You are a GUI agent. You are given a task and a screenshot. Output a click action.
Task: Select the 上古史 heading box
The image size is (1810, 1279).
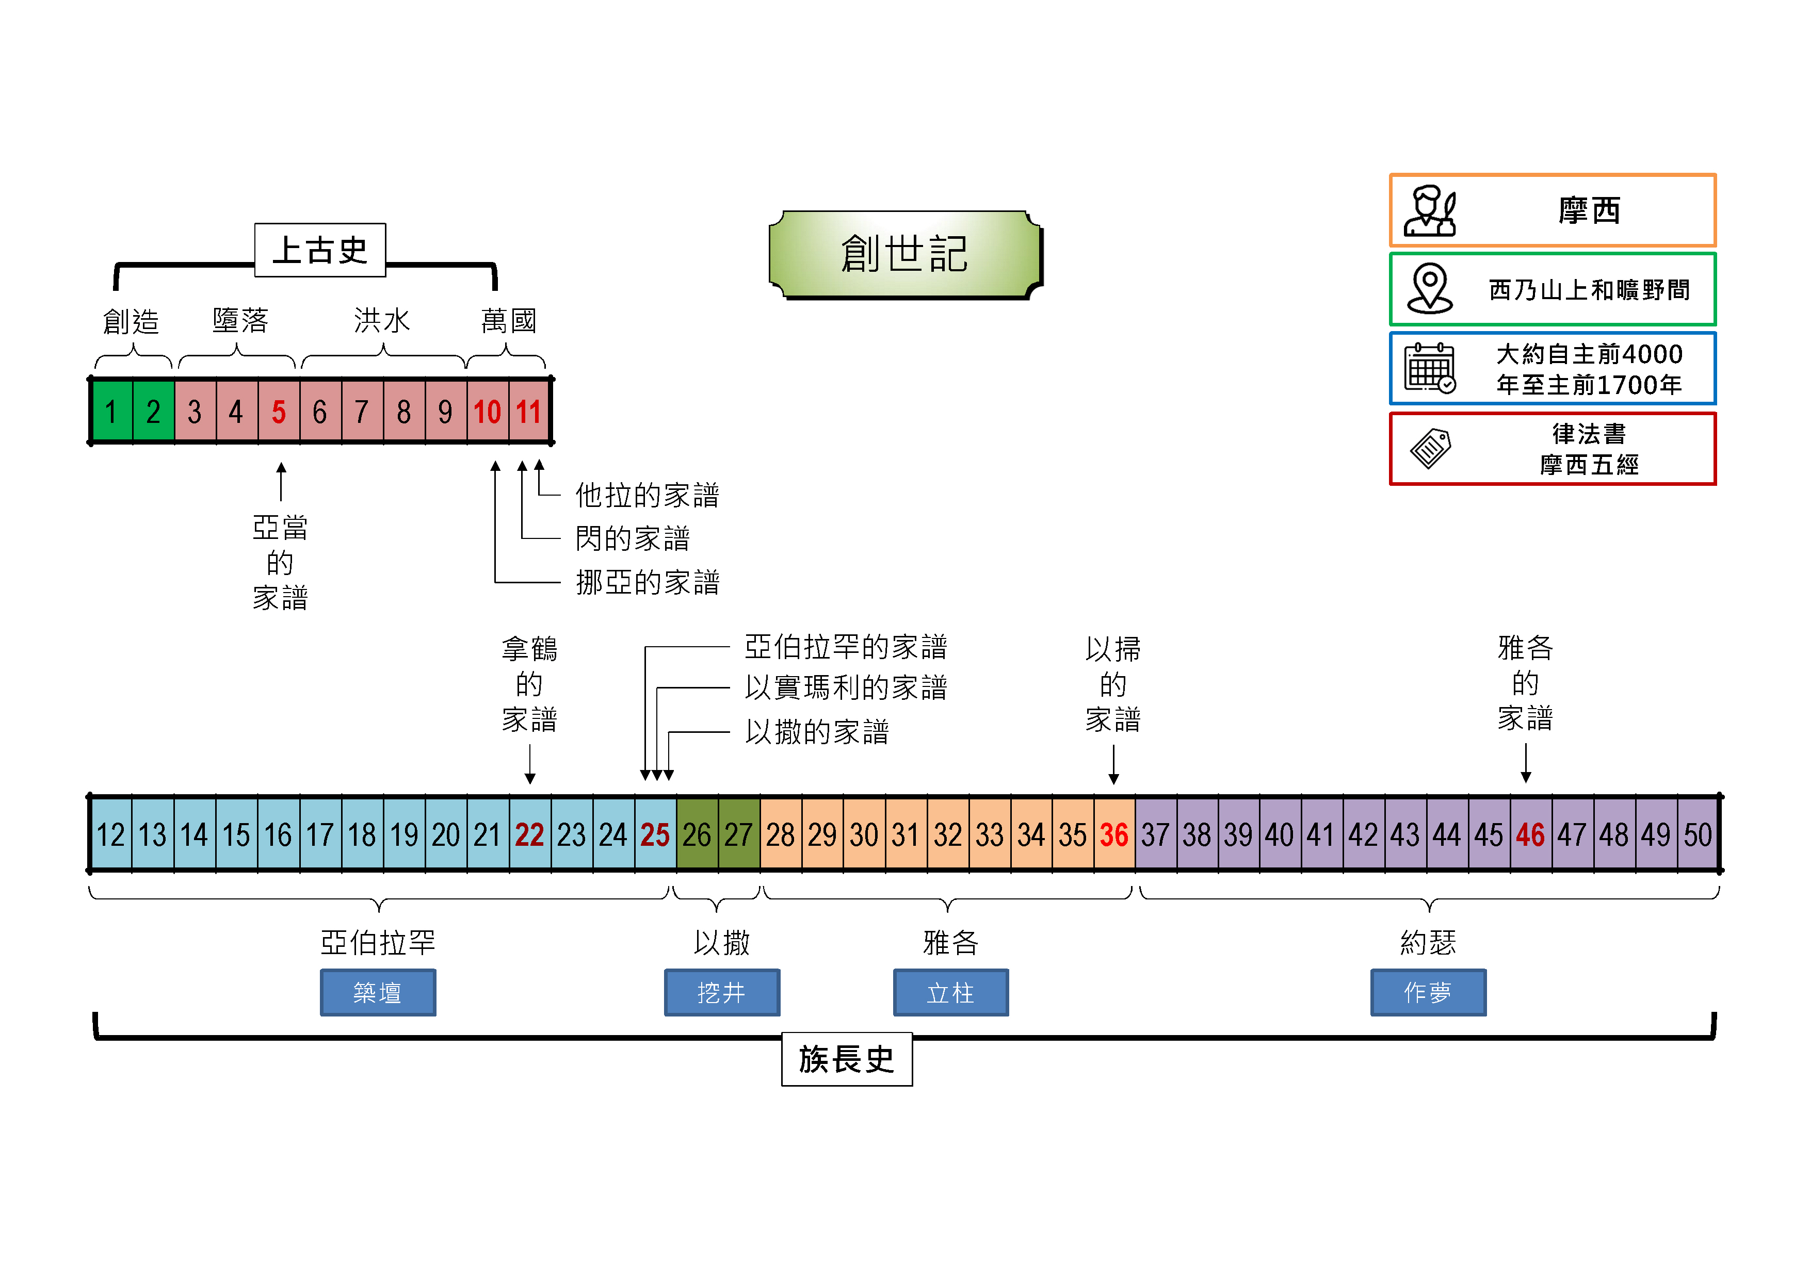click(320, 250)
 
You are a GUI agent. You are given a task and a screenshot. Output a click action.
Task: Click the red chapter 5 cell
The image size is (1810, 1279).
click(278, 412)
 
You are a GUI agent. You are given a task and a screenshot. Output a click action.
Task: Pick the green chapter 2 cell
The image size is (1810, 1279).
click(153, 412)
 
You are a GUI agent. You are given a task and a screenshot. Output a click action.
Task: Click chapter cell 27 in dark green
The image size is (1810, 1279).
click(739, 834)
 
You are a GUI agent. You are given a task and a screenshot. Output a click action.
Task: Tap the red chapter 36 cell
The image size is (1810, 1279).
click(1114, 834)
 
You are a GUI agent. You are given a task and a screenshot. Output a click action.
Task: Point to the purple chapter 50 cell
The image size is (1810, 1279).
click(1698, 834)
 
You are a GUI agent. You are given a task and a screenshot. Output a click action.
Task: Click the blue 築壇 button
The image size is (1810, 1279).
click(378, 992)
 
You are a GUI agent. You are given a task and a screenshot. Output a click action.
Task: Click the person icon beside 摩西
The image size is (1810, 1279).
click(1430, 211)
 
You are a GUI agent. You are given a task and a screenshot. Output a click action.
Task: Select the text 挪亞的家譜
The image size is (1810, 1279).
click(647, 582)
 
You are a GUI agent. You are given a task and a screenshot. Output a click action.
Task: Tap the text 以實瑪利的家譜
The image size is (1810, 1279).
click(845, 687)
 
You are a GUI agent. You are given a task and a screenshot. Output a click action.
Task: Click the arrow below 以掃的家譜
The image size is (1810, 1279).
click(1114, 764)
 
